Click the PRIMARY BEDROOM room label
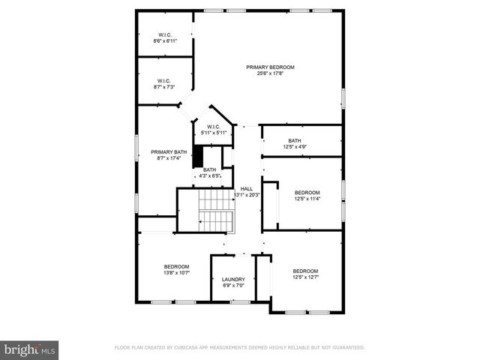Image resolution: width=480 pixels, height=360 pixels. click(270, 67)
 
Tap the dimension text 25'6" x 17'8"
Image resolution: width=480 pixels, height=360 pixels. click(270, 73)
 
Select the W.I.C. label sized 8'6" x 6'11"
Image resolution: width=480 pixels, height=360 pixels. click(166, 34)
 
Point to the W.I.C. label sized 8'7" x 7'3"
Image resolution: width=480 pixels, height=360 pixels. click(164, 81)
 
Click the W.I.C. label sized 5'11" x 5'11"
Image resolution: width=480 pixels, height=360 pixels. click(213, 127)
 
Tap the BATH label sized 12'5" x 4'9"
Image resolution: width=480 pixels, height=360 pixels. click(295, 140)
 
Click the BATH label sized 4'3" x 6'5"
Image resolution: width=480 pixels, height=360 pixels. click(209, 169)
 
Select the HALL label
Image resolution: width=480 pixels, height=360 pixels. click(246, 188)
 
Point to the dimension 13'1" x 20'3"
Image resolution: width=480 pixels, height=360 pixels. click(247, 195)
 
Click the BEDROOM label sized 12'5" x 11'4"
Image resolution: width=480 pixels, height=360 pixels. click(307, 193)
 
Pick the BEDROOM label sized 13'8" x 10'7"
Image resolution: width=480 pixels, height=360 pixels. click(176, 266)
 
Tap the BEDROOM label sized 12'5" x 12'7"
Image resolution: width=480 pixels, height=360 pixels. click(305, 271)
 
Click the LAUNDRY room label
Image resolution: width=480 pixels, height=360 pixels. click(233, 280)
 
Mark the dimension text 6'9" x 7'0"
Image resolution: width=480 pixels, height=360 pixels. click(233, 286)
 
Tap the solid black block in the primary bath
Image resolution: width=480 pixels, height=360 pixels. click(198, 157)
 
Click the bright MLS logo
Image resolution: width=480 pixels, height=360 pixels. click(29, 349)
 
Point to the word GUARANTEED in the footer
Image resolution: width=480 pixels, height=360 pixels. click(348, 348)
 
